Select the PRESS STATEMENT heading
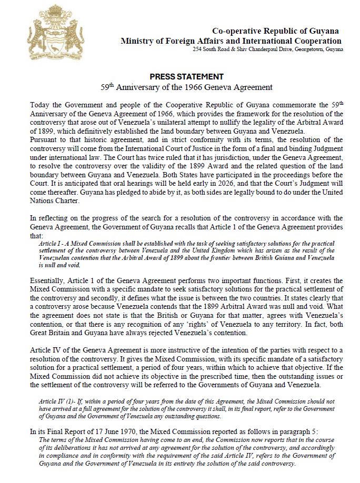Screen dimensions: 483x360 [187, 76]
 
